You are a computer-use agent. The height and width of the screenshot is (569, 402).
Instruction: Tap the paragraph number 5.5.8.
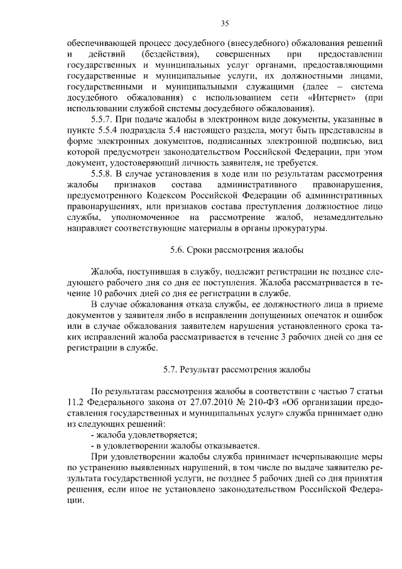[105, 174]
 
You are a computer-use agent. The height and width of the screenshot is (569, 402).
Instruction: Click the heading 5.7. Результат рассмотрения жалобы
[237, 368]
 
